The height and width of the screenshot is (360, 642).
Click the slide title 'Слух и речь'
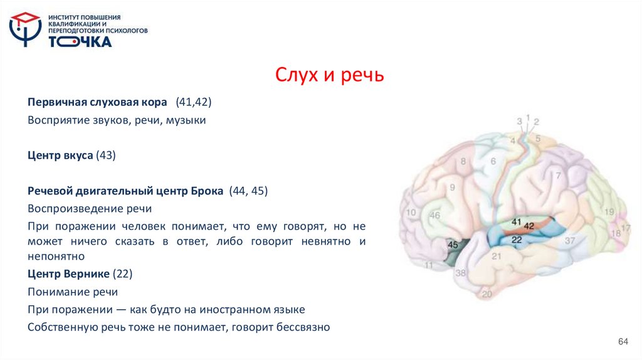click(329, 76)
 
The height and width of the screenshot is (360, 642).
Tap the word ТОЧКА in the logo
click(80, 41)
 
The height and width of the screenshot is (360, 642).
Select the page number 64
click(623, 341)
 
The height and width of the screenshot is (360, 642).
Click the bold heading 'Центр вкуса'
click(60, 155)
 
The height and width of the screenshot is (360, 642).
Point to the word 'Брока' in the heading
click(207, 191)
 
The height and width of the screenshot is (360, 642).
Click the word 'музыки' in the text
click(186, 119)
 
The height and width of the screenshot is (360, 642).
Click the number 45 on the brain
click(453, 244)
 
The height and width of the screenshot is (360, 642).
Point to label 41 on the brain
click(517, 222)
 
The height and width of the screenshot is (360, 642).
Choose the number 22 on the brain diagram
click(517, 240)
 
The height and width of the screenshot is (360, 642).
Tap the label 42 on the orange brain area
click(529, 225)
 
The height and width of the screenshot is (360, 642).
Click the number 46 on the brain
click(435, 216)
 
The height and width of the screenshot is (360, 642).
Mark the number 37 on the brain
click(569, 240)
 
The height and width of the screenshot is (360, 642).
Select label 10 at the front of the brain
click(411, 213)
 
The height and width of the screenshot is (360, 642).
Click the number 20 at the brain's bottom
click(487, 293)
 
